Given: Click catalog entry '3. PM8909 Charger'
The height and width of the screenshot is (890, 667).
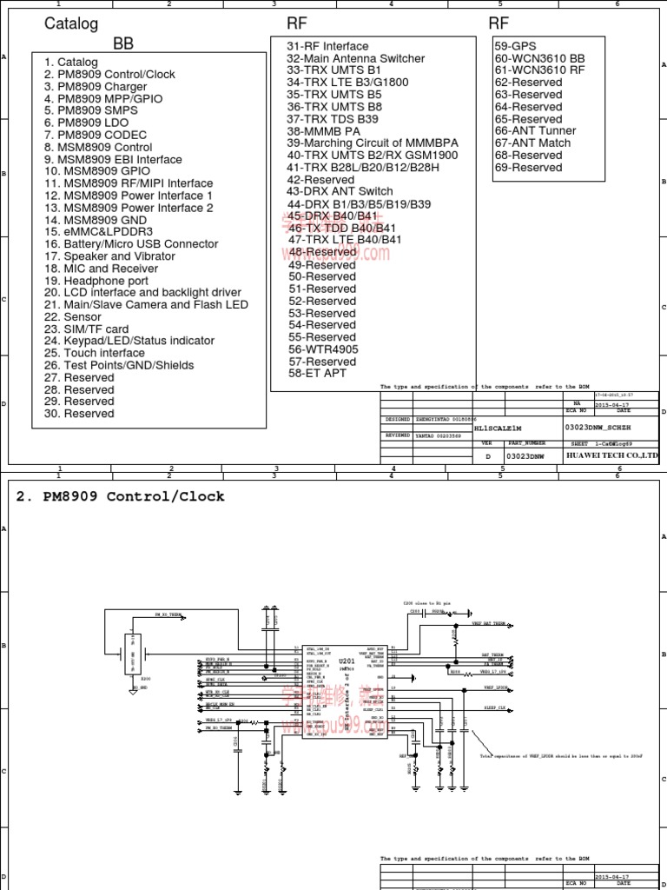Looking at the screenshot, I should pyautogui.click(x=96, y=87).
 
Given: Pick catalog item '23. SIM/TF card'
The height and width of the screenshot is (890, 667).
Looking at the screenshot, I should pyautogui.click(x=87, y=329).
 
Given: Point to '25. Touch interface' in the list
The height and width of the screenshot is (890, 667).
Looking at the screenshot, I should pyautogui.click(x=94, y=354).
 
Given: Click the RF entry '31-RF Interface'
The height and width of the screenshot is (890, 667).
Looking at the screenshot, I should pyautogui.click(x=327, y=46).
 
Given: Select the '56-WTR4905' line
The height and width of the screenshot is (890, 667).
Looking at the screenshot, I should pyautogui.click(x=323, y=349).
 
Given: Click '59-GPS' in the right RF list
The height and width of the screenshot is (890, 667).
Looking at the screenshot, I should pyautogui.click(x=516, y=45).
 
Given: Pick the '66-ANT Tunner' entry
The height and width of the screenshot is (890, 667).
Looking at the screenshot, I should pyautogui.click(x=536, y=130).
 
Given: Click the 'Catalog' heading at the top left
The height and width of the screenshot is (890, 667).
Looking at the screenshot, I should pyautogui.click(x=71, y=24).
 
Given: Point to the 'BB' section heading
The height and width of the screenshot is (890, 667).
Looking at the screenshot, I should pyautogui.click(x=123, y=43).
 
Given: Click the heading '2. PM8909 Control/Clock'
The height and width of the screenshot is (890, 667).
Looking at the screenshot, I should pyautogui.click(x=121, y=497).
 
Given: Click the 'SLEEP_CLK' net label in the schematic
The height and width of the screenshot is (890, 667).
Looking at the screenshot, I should pyautogui.click(x=495, y=709).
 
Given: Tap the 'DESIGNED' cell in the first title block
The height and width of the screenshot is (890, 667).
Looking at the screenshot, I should pyautogui.click(x=399, y=418).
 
